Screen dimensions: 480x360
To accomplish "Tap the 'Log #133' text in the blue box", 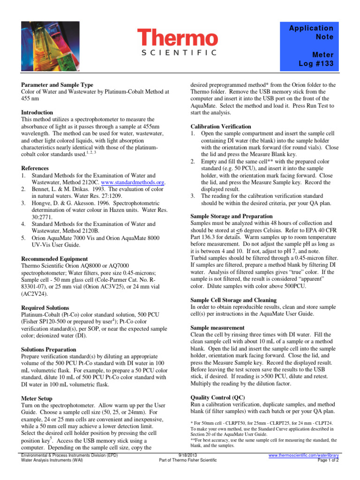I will pyautogui.click(x=316, y=63).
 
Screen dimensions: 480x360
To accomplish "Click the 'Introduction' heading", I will pyautogui.click(x=37, y=112).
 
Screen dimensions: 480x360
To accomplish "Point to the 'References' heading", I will pyautogui.click(x=35, y=168).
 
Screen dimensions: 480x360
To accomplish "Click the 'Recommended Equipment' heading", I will pyautogui.click(x=54, y=259).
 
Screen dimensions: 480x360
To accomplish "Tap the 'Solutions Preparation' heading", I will pyautogui.click(x=49, y=350).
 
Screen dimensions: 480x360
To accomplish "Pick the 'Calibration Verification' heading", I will pyautogui.click(x=221, y=127).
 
